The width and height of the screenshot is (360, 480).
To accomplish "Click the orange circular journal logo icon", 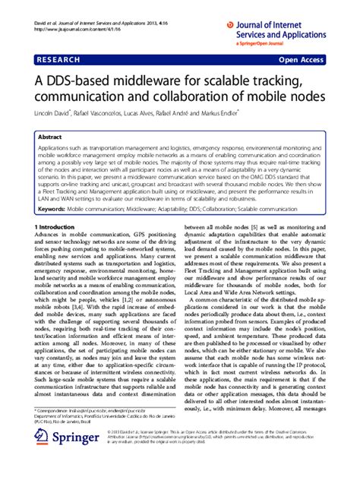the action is click(230, 25).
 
